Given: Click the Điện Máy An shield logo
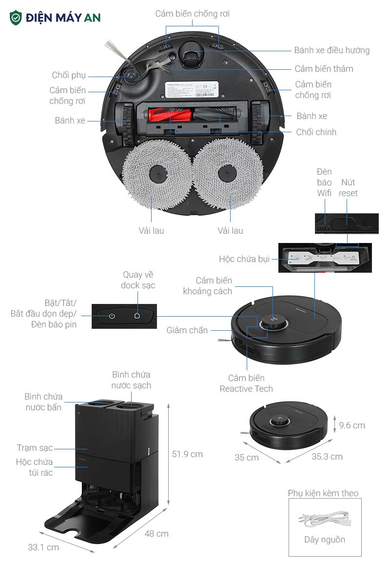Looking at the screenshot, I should (x=16, y=18).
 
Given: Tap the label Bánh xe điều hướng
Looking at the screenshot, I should (x=331, y=50).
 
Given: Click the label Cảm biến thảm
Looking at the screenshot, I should (x=324, y=69).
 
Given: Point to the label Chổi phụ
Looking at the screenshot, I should (x=69, y=75).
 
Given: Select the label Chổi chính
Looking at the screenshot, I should (x=316, y=132).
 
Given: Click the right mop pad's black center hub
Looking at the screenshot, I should (x=227, y=174).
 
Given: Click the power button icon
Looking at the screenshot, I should (x=112, y=316).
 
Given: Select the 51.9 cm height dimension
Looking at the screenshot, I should (x=187, y=454).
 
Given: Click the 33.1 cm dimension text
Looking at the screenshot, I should (x=43, y=547).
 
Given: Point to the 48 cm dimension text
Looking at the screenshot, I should (x=156, y=534).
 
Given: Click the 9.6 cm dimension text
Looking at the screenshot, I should (x=351, y=425).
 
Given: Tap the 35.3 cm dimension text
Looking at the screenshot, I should (x=327, y=457).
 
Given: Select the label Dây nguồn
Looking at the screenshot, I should (x=325, y=540).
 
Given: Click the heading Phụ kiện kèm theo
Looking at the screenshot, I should (x=323, y=493).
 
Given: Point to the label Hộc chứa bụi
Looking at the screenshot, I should (x=244, y=259).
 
